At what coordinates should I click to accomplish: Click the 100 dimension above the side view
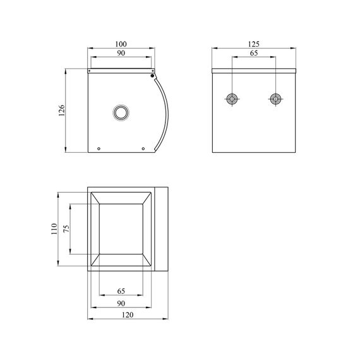(121, 44)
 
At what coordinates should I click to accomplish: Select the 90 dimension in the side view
(121, 54)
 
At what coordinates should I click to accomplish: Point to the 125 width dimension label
(254, 44)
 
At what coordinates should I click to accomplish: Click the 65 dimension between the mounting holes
(254, 54)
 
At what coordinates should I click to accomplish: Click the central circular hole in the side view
(120, 112)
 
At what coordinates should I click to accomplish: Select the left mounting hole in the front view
(232, 99)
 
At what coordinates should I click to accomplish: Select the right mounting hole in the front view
(275, 99)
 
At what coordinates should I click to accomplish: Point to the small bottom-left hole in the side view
(99, 149)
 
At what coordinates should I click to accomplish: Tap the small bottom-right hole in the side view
(143, 149)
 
